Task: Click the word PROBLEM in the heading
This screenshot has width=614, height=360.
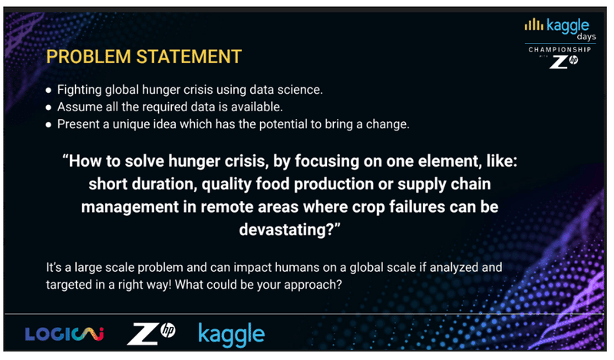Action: coord(88,56)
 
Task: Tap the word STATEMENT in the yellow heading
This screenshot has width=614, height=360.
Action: coord(189,56)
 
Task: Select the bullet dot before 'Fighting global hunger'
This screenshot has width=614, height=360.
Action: coord(48,91)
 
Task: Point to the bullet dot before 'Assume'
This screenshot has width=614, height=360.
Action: coord(48,107)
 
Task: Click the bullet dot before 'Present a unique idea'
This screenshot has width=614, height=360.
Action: coord(48,125)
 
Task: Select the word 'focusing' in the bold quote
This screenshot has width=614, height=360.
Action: coord(327,161)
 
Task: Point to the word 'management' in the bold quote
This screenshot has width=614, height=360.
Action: coord(130,207)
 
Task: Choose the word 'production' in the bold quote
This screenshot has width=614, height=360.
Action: coord(334,184)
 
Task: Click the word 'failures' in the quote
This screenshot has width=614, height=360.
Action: coord(417,206)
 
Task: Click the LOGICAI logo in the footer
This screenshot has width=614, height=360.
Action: coord(64,334)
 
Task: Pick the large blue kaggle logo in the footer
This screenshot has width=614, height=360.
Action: coord(232,335)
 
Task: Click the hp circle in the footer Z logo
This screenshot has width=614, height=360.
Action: coord(168,331)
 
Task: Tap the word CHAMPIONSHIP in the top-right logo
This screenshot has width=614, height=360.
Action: coord(560,50)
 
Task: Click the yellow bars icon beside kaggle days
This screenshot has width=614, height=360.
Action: coord(533,25)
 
